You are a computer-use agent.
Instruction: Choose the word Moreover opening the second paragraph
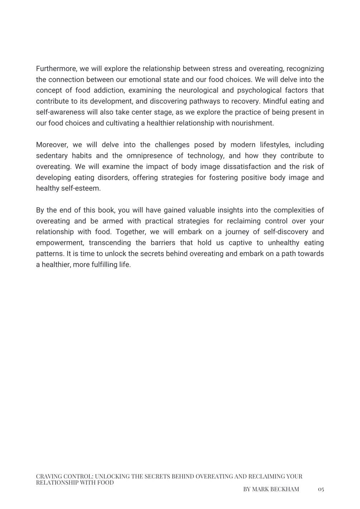tap(52, 145)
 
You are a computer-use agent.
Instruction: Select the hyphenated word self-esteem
tap(68, 188)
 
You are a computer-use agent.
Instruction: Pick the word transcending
tap(110, 243)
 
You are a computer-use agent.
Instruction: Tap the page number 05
tap(321, 489)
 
